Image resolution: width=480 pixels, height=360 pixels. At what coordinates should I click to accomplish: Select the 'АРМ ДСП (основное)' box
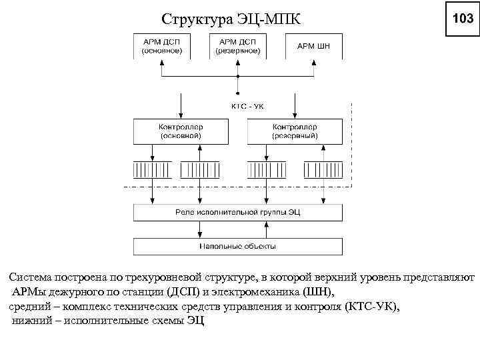click(x=161, y=45)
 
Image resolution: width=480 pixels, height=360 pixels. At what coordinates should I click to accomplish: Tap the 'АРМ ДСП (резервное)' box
click(x=237, y=45)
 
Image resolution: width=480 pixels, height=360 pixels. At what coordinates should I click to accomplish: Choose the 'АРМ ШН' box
click(x=313, y=45)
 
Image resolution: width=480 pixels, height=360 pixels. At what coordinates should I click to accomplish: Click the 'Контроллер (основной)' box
click(x=180, y=131)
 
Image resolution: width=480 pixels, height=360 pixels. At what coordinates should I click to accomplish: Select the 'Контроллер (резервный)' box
click(x=295, y=131)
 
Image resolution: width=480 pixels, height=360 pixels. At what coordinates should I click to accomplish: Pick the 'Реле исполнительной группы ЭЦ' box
click(x=237, y=212)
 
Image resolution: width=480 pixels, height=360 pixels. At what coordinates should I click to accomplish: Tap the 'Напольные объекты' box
click(x=237, y=246)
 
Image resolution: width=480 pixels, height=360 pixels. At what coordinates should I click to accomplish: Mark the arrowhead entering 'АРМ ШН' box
click(x=313, y=61)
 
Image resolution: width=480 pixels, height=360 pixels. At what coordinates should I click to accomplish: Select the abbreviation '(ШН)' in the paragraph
click(x=320, y=291)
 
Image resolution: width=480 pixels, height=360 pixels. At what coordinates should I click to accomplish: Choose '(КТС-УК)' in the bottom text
click(x=369, y=306)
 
